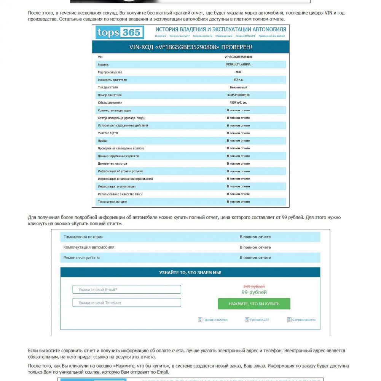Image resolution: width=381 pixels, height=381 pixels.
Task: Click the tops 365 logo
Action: click(x=120, y=33)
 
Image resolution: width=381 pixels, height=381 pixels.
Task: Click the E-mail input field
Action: click(x=127, y=290)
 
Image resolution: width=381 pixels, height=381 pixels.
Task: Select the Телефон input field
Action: click(x=127, y=303)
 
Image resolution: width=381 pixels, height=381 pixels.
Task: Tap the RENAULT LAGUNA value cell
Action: click(x=238, y=64)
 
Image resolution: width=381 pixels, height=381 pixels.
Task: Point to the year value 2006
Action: click(x=238, y=72)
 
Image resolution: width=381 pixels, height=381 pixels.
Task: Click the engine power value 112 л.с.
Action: click(x=238, y=80)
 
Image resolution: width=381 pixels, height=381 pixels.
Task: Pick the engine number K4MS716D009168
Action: click(x=238, y=95)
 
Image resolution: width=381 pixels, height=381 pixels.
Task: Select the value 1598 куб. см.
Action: click(x=238, y=102)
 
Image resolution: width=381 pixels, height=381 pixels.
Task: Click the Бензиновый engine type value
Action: click(x=238, y=87)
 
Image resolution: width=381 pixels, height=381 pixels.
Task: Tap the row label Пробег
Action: click(x=103, y=141)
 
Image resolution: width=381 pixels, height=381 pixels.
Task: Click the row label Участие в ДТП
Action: click(x=110, y=133)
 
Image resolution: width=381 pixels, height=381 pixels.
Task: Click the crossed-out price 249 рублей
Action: click(x=254, y=287)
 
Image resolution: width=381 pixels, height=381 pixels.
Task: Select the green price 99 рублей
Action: click(x=254, y=292)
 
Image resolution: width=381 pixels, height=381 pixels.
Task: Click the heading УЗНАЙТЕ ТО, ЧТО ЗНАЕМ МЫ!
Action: click(x=190, y=273)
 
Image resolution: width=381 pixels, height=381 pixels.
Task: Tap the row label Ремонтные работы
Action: click(x=81, y=258)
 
